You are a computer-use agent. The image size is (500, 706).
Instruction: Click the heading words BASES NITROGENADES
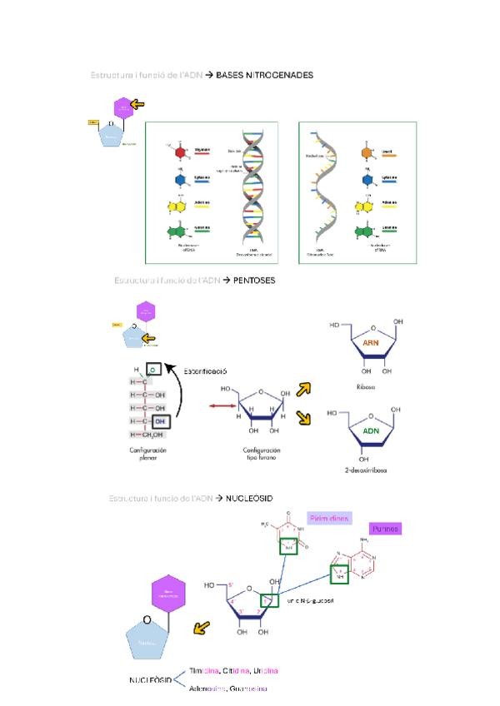pyautogui.click(x=264, y=75)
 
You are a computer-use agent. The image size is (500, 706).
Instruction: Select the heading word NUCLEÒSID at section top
pyautogui.click(x=250, y=498)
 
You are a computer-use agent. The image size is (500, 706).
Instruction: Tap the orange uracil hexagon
pyautogui.click(x=367, y=154)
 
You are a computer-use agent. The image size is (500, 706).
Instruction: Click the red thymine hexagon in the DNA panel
pyautogui.click(x=180, y=152)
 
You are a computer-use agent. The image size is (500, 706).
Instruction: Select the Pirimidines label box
pyautogui.click(x=329, y=518)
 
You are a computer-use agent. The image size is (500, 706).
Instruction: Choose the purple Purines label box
pyautogui.click(x=386, y=529)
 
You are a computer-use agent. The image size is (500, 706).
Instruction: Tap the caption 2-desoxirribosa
pyautogui.click(x=366, y=470)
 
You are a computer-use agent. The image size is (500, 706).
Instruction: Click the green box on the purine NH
pyautogui.click(x=339, y=574)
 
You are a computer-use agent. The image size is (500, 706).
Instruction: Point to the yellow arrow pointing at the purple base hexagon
pyautogui.click(x=137, y=104)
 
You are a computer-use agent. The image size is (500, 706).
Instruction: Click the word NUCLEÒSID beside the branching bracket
pyautogui.click(x=150, y=680)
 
